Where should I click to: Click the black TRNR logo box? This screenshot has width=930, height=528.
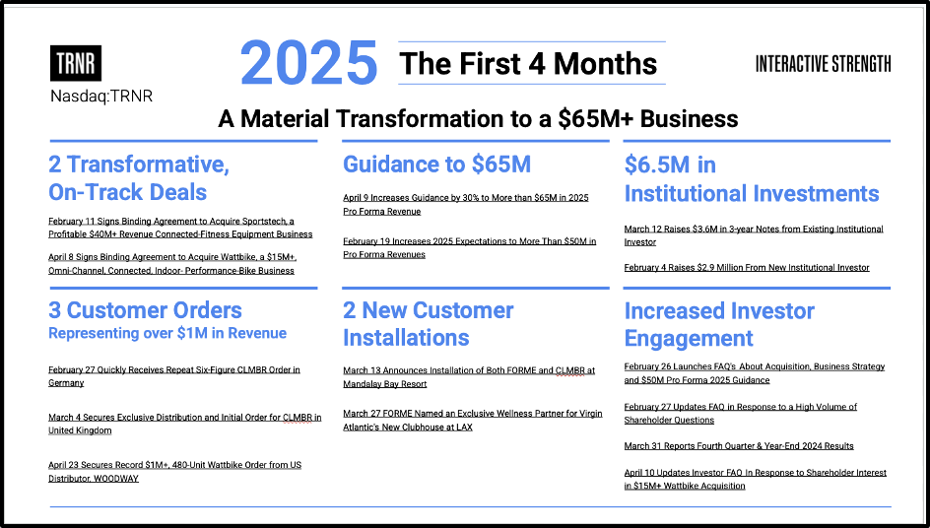(75, 63)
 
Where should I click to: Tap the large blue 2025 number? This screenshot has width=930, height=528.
(308, 63)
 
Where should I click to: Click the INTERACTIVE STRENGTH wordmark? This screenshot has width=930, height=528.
(823, 63)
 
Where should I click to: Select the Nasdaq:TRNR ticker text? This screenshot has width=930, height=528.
(101, 97)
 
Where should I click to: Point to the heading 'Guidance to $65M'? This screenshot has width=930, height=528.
(436, 165)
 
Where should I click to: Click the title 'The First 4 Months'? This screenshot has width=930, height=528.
(528, 63)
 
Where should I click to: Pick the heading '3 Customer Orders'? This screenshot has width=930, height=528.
(146, 310)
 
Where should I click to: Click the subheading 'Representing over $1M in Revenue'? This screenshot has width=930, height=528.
(167, 333)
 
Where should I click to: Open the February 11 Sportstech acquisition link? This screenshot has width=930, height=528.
(180, 228)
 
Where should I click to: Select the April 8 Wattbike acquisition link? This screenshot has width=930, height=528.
(172, 264)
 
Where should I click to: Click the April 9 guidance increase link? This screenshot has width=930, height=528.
(466, 205)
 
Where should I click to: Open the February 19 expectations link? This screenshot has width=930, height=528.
(469, 248)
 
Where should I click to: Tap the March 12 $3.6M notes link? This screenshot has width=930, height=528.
(754, 235)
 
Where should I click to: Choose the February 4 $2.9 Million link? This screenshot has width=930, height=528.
(747, 268)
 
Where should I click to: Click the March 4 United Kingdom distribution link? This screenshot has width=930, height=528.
(185, 425)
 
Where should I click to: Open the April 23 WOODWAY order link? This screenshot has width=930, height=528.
(175, 472)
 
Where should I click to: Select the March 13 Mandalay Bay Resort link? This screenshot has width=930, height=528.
(469, 377)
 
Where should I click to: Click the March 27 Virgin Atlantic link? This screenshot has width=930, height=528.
(473, 420)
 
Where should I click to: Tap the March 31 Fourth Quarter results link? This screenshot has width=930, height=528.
(739, 446)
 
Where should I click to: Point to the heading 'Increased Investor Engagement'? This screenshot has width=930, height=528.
(719, 324)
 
